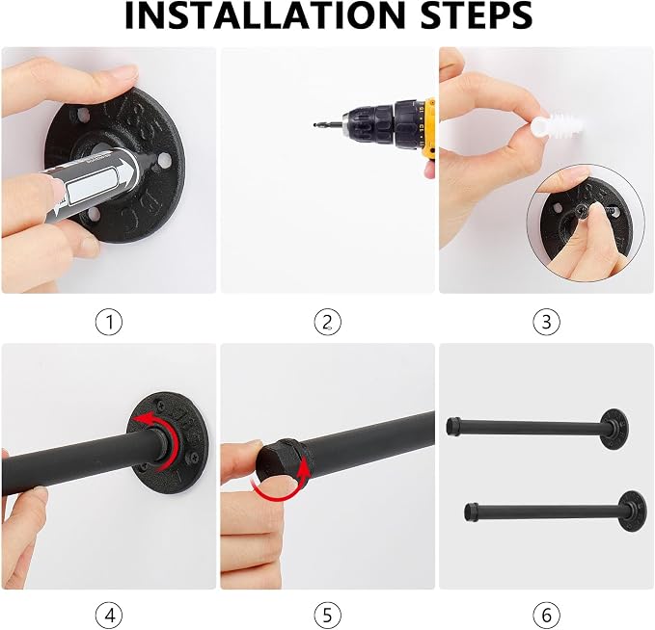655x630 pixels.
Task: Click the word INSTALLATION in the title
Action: [x=265, y=15]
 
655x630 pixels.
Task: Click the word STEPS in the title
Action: [x=477, y=15]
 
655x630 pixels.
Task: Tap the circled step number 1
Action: [x=109, y=322]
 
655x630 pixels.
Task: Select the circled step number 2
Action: [x=328, y=322]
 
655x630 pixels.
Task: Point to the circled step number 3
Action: [x=546, y=322]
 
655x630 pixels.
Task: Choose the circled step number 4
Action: [x=109, y=615]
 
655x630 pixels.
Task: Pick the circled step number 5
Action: [x=328, y=615]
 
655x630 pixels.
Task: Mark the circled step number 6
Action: [x=546, y=615]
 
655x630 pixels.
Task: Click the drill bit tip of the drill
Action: [x=314, y=124]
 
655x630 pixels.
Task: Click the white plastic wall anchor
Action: [x=557, y=125]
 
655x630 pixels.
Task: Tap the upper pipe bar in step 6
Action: [x=537, y=428]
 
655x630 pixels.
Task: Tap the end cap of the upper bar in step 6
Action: [x=453, y=425]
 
